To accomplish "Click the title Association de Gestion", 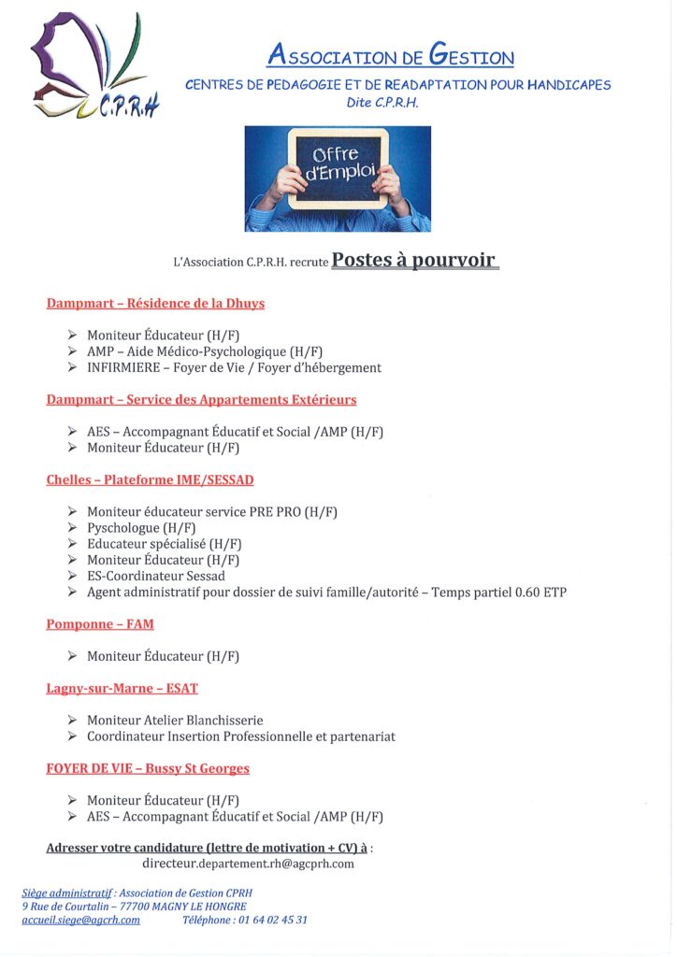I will pyautogui.click(x=390, y=56).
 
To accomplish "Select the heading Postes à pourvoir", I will pyautogui.click(x=414, y=260).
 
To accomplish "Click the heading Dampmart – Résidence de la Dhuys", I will pyautogui.click(x=155, y=304).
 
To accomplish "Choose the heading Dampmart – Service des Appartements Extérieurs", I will pyautogui.click(x=201, y=400).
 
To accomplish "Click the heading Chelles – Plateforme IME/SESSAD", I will pyautogui.click(x=150, y=480).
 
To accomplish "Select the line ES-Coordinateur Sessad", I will pyautogui.click(x=156, y=576).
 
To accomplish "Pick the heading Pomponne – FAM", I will pyautogui.click(x=100, y=623).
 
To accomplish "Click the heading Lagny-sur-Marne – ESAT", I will pyautogui.click(x=122, y=689).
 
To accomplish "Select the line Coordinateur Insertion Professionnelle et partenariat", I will pyautogui.click(x=240, y=736).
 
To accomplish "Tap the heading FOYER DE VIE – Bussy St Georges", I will pyautogui.click(x=148, y=769).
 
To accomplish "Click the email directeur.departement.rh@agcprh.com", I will pyautogui.click(x=248, y=864).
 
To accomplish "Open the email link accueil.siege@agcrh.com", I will pyautogui.click(x=80, y=921).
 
